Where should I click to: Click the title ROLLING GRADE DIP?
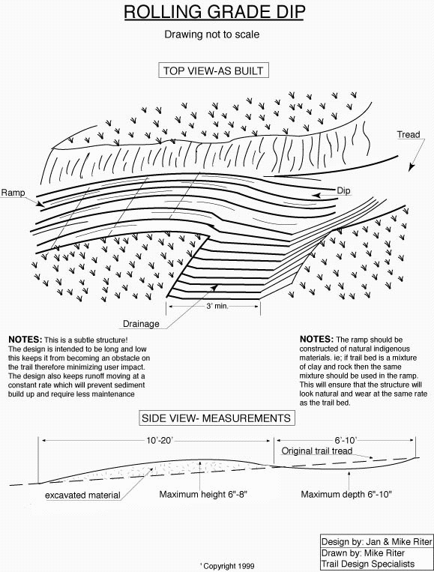[x=214, y=12]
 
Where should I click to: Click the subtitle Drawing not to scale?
[x=212, y=34]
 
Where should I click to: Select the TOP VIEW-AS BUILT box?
[x=214, y=70]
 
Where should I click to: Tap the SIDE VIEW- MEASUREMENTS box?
[x=217, y=418]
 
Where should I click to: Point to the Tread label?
[x=409, y=135]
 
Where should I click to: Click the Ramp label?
[x=13, y=192]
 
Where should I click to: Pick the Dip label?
[x=343, y=190]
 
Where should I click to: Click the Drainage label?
[x=141, y=324]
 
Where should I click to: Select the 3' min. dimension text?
[x=217, y=306]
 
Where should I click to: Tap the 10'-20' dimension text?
[x=160, y=440]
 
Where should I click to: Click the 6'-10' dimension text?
[x=346, y=440]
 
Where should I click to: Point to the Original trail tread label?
[x=316, y=451]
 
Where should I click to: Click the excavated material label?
[x=82, y=495]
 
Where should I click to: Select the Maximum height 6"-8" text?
[x=203, y=494]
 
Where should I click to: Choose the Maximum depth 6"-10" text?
[x=346, y=494]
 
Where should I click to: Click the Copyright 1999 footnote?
[x=227, y=566]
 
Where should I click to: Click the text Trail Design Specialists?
[x=368, y=564]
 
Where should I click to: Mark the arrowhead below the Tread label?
[x=412, y=167]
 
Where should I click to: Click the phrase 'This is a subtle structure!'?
[x=86, y=340]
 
